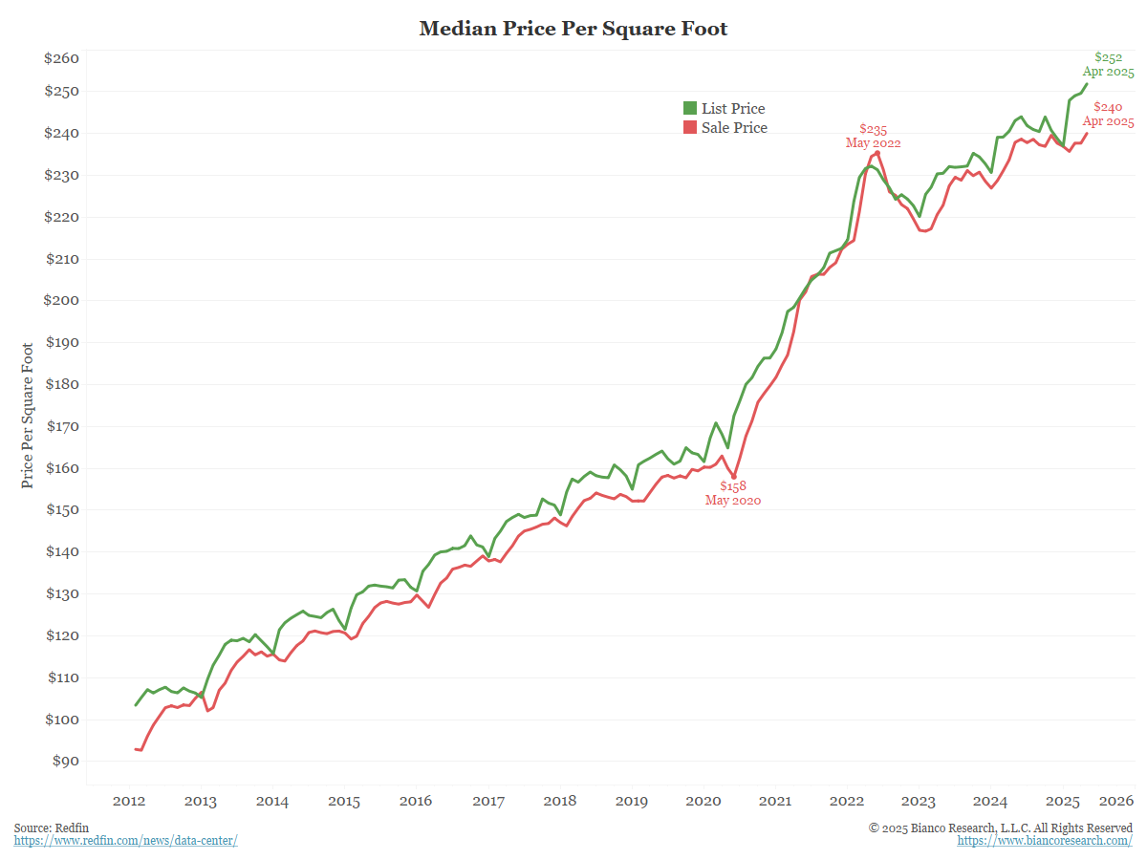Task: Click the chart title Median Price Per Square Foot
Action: (573, 29)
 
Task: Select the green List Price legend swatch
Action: (690, 108)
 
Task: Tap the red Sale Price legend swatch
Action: (690, 127)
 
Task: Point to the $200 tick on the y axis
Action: (62, 300)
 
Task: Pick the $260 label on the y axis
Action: (62, 58)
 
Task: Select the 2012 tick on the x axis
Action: (128, 801)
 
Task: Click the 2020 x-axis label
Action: (703, 801)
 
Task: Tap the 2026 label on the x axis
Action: (1116, 801)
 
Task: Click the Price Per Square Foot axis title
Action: (28, 415)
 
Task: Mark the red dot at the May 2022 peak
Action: (877, 153)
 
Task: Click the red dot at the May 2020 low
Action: (734, 476)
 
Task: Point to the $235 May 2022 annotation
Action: (873, 136)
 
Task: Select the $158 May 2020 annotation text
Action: (733, 493)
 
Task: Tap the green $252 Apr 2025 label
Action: (1108, 64)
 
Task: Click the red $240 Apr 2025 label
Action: (1108, 115)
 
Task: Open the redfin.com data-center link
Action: (125, 840)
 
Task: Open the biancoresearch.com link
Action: (1045, 840)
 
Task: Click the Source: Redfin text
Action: (45, 827)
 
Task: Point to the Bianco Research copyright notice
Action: (1000, 827)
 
